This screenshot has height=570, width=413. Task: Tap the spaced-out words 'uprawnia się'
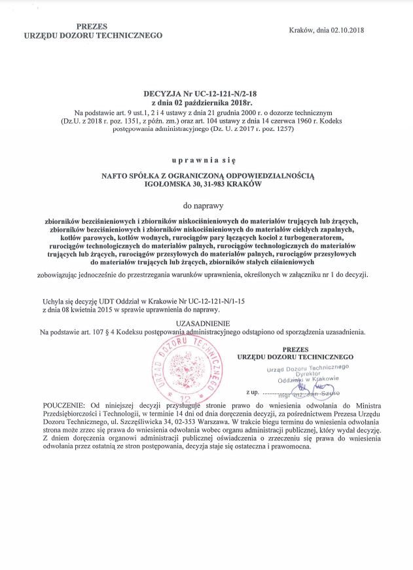207,160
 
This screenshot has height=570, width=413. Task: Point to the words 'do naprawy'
207,205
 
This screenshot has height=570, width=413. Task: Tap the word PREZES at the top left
92,26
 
